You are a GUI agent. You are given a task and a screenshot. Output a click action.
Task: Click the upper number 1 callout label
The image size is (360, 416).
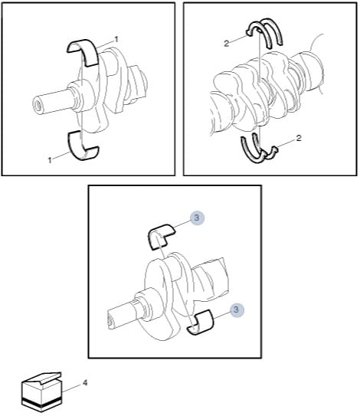pyautogui.click(x=116, y=40)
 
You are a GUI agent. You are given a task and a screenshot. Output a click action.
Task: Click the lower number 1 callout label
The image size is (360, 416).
pyautogui.click(x=50, y=160)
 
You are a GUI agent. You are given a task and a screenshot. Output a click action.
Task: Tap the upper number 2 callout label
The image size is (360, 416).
pyautogui.click(x=226, y=43)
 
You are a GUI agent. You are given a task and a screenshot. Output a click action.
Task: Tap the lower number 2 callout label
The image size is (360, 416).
pyautogui.click(x=299, y=138)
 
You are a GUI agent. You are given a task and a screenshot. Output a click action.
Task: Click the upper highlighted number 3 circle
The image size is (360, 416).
pyautogui.click(x=197, y=218)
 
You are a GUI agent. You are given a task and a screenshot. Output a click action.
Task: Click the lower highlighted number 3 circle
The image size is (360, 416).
pyautogui.click(x=237, y=310)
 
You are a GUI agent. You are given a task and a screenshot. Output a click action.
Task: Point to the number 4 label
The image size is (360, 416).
pyautogui.click(x=85, y=383)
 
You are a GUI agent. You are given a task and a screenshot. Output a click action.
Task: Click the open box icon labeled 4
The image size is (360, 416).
pyautogui.click(x=41, y=392)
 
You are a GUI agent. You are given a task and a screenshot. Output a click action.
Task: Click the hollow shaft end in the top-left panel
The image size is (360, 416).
pyautogui.click(x=38, y=105)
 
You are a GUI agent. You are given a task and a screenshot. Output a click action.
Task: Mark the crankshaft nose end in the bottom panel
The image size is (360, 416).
pyautogui.click(x=111, y=319)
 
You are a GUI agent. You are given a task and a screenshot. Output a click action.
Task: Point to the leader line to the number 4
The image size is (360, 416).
pyautogui.click(x=71, y=388)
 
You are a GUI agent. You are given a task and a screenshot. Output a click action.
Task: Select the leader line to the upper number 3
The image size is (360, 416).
pyautogui.click(x=182, y=224)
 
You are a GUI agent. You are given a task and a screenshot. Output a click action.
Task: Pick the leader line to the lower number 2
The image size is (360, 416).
pyautogui.click(x=285, y=143)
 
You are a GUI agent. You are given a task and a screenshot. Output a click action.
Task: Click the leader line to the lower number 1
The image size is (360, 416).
pyautogui.click(x=62, y=155)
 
